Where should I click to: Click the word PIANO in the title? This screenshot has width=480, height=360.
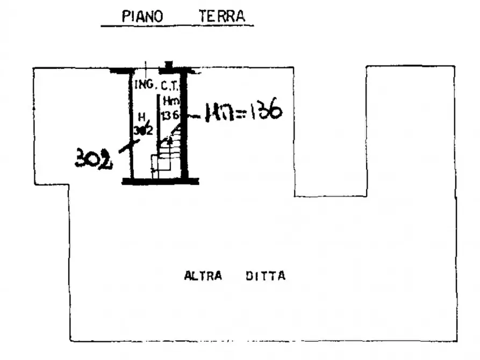[142, 16]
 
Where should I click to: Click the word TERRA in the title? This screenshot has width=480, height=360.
[221, 16]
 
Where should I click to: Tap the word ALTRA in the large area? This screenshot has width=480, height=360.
[203, 276]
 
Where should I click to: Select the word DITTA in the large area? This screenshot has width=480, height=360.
[266, 276]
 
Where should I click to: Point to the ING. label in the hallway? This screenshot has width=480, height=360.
[144, 84]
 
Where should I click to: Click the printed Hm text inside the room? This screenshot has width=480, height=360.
[170, 100]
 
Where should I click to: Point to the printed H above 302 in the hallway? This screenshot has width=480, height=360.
[141, 116]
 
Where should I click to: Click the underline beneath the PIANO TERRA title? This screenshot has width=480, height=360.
[177, 25]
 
